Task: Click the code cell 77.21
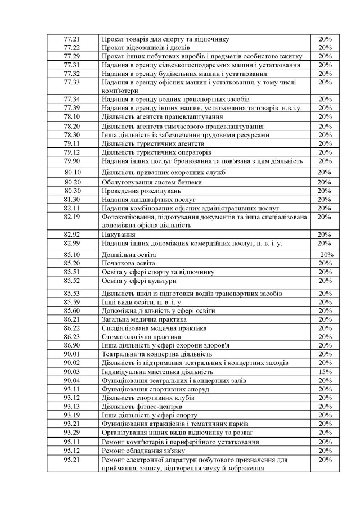click(72, 39)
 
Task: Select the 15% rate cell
click(325, 372)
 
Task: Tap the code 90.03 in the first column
click(72, 372)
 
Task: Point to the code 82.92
click(72, 235)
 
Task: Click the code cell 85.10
click(72, 255)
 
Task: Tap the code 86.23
click(72, 337)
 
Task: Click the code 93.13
click(72, 406)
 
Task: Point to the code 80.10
click(73, 172)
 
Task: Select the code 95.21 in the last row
click(72, 460)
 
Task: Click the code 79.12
click(72, 152)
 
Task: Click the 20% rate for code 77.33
click(325, 83)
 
